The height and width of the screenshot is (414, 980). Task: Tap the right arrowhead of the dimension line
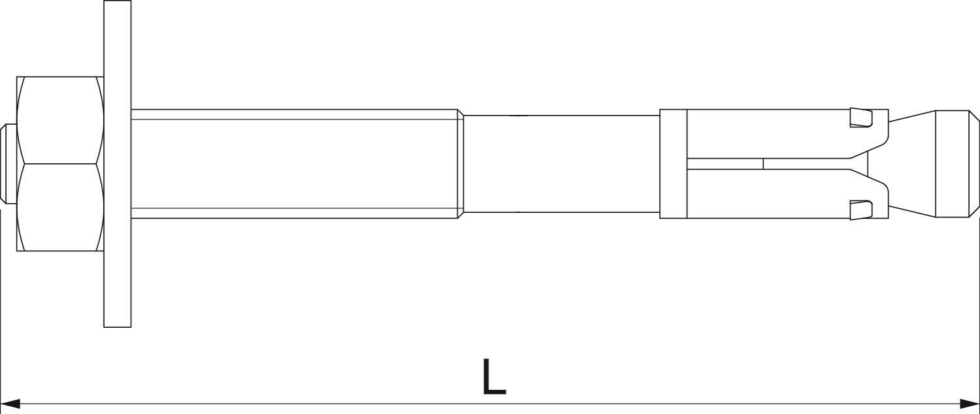pyautogui.click(x=970, y=403)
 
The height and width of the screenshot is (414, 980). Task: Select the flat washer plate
pyautogui.click(x=117, y=163)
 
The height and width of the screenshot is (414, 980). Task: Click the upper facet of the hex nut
pyautogui.click(x=60, y=120)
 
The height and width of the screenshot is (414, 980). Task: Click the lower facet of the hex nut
pyautogui.click(x=60, y=208)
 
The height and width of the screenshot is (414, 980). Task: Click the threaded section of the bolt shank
pyautogui.click(x=295, y=163)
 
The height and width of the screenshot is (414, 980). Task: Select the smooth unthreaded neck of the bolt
pyautogui.click(x=561, y=163)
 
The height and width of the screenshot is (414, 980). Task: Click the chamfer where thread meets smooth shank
pyautogui.click(x=461, y=163)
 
